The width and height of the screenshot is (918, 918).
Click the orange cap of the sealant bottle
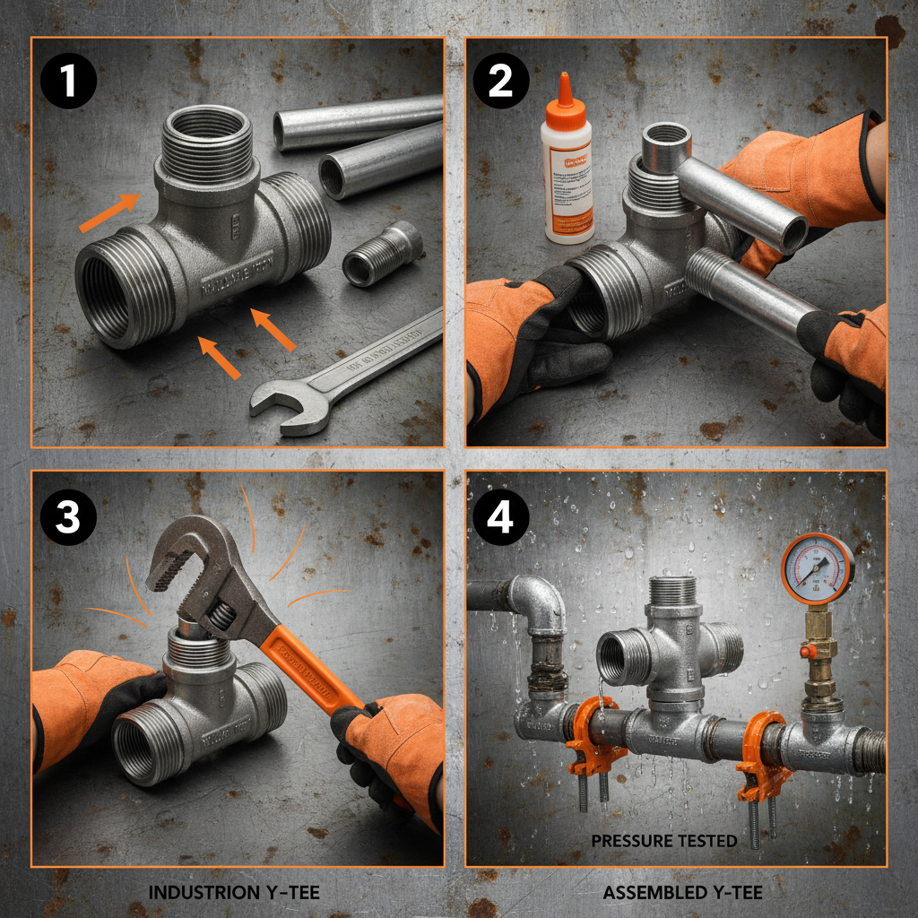tap(565, 93)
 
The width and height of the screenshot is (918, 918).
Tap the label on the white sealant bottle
tap(567, 184)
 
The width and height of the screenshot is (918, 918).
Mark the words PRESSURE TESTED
tap(663, 841)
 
